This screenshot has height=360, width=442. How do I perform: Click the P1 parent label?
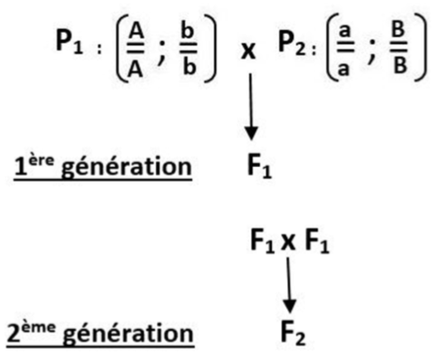coord(69,42)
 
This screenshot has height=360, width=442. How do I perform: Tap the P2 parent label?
coord(292,43)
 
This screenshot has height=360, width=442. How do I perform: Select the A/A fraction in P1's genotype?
coord(136,51)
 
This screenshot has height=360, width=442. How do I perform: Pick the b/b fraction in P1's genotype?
coord(189,50)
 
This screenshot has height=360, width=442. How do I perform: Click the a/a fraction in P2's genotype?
coord(345,51)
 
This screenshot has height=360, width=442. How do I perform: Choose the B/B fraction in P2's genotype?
coord(399,48)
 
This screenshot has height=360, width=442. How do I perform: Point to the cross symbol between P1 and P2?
coord(248,51)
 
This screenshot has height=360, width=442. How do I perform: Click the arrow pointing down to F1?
coord(251,106)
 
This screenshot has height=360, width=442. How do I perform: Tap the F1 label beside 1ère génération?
coord(259,167)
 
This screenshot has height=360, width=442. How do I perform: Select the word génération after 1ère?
coord(127,168)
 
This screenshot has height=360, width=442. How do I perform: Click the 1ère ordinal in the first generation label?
coord(35,165)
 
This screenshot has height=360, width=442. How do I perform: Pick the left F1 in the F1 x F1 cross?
coord(262,240)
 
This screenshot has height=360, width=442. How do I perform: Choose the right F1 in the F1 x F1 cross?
coord(317,240)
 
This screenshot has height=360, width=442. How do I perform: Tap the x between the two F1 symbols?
coord(288,242)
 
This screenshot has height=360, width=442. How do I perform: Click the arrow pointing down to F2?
coord(289,285)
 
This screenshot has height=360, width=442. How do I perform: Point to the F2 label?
coord(293,333)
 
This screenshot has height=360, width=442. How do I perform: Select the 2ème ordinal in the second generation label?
coord(31,332)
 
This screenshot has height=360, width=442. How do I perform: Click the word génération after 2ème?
coord(128,334)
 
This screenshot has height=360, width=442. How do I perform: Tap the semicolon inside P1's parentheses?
coord(162,52)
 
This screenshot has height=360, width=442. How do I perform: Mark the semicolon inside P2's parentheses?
coord(372,52)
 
